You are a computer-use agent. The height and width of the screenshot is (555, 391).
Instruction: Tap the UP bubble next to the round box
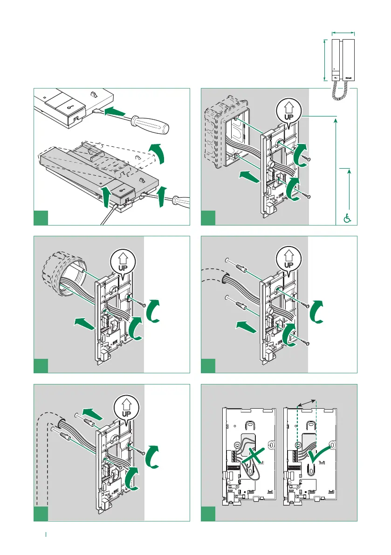(x=123, y=261)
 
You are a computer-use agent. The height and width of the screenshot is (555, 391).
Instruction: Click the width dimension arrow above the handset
(x=343, y=33)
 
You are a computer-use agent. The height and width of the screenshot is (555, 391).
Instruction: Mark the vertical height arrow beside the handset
(x=324, y=60)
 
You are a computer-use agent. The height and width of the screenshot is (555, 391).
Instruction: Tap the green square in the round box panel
(x=41, y=365)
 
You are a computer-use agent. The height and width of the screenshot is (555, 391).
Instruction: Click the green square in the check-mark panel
(x=208, y=514)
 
